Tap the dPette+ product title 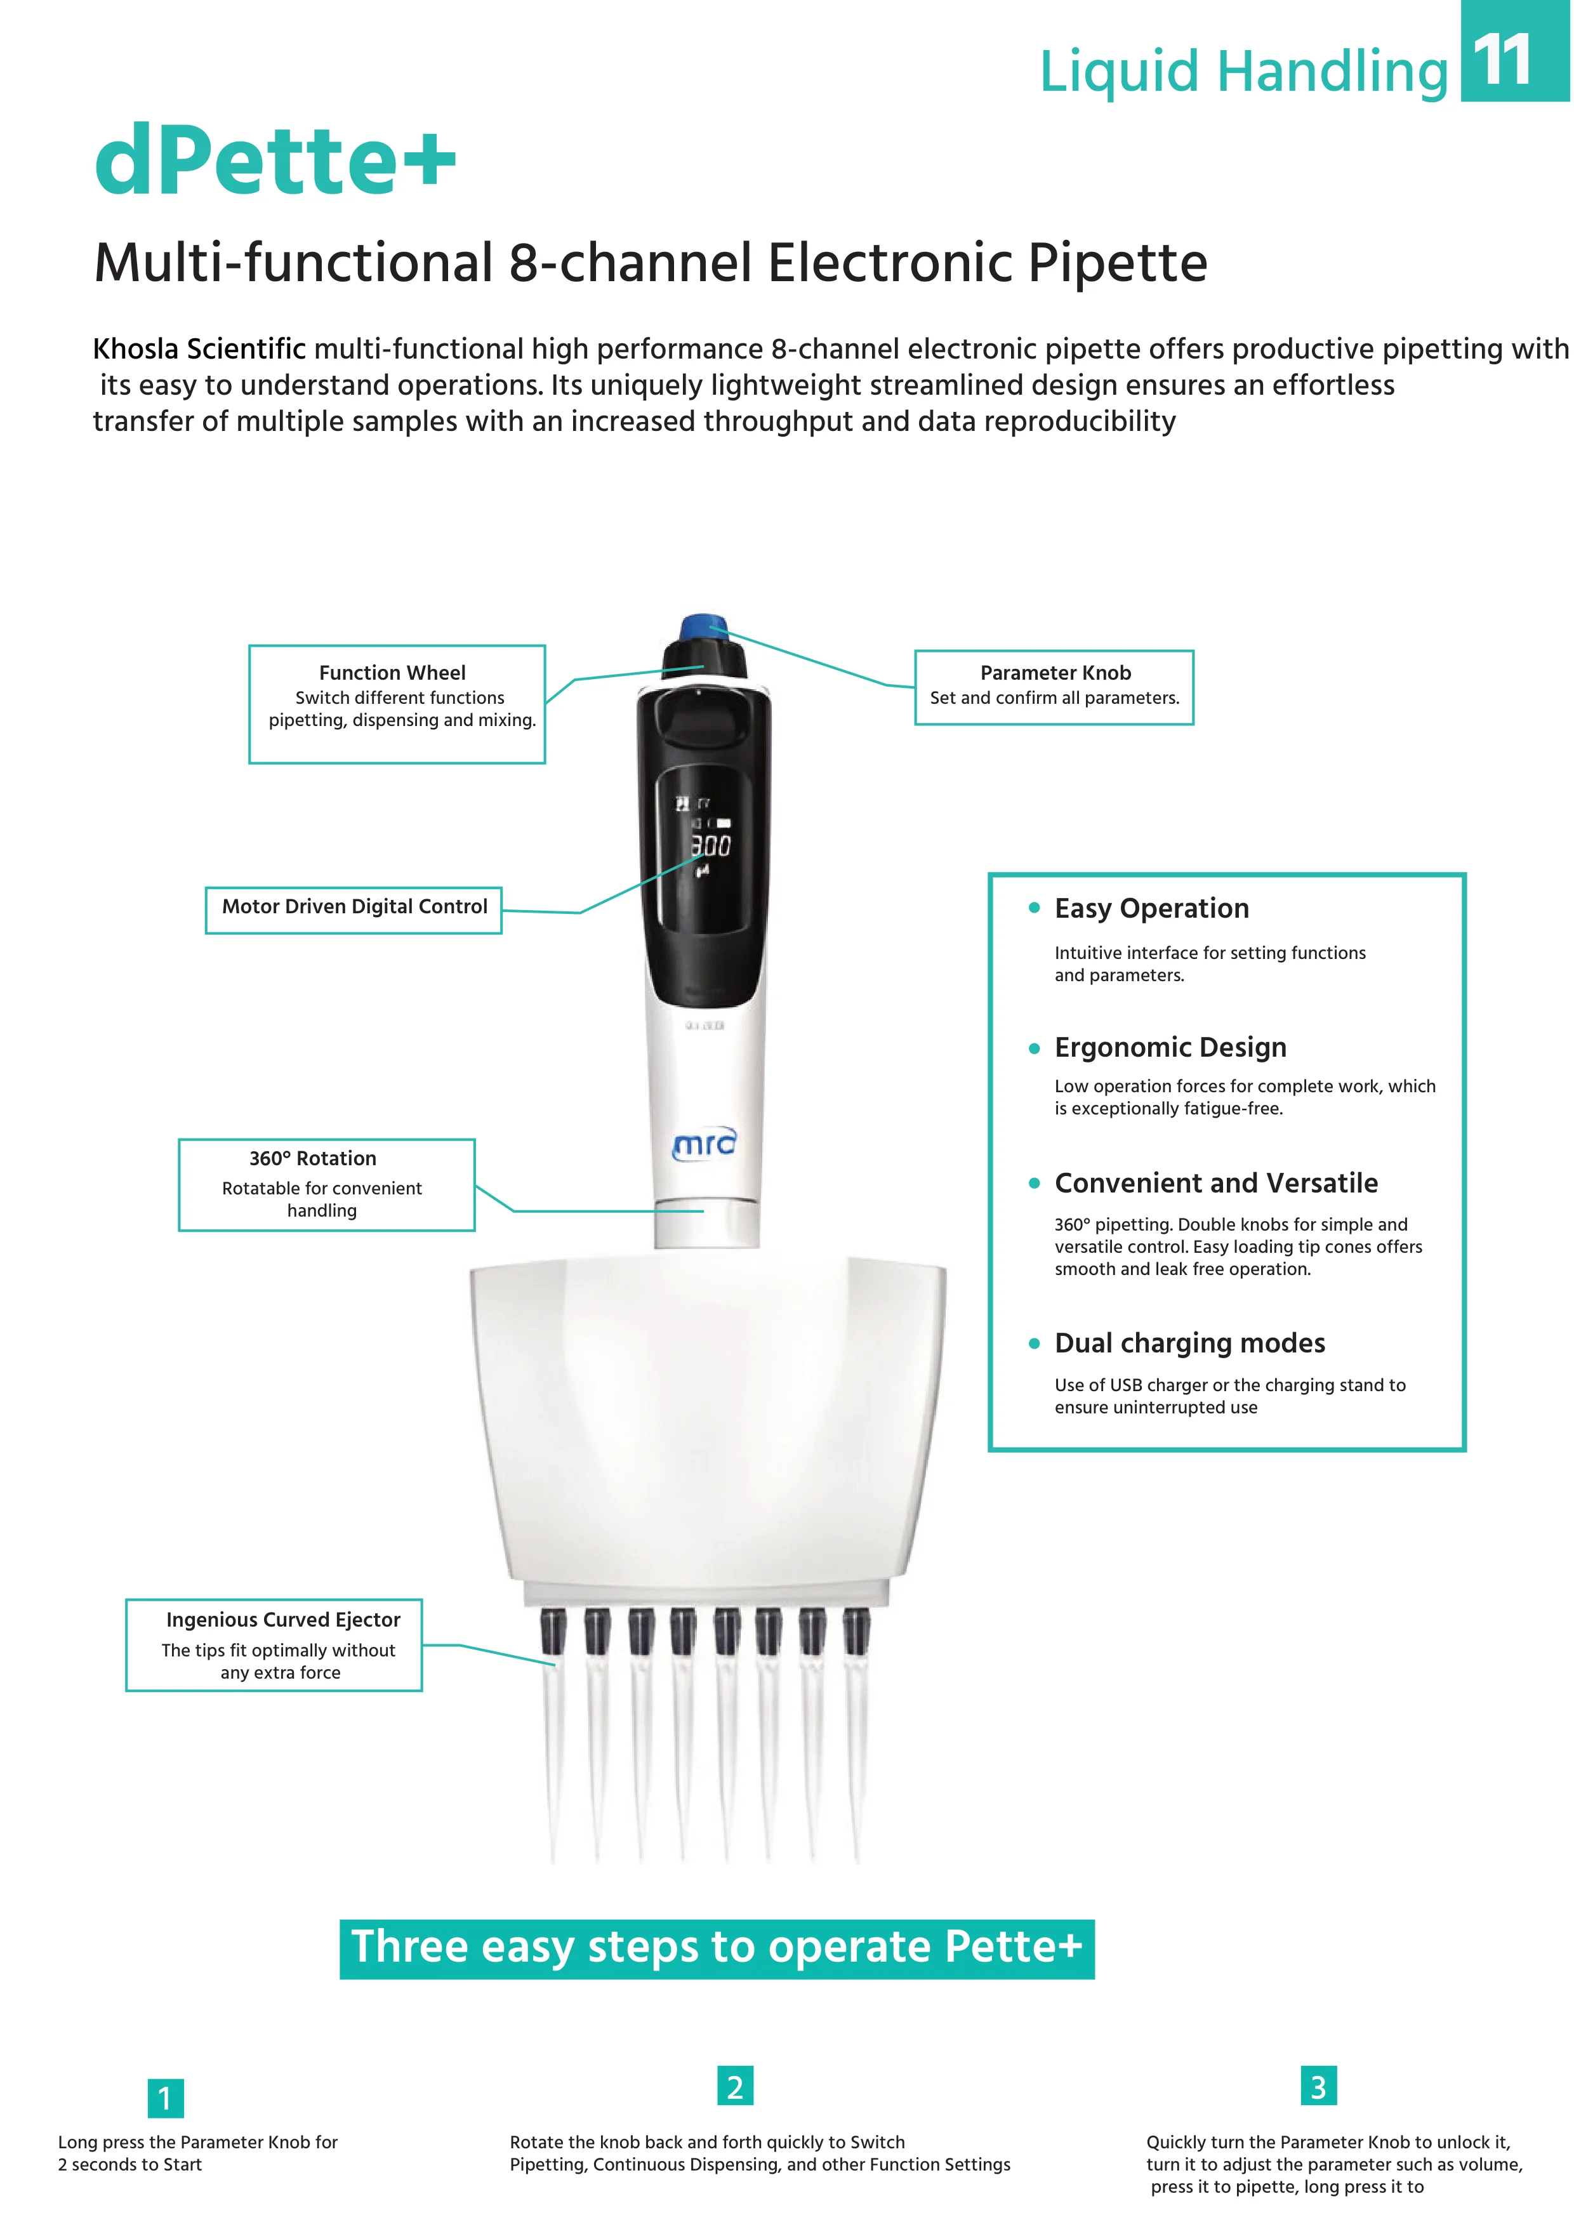pos(275,160)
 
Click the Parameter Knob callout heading pos(1055,672)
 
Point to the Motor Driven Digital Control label pos(354,907)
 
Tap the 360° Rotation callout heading pos(312,1158)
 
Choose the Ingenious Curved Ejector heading pos(283,1620)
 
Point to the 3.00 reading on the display pos(711,847)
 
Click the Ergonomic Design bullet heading pos(1170,1048)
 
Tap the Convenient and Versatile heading pos(1216,1184)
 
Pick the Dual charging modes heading pos(1190,1344)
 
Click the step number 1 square pos(165,2098)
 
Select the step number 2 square pos(735,2086)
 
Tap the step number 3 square pos(1318,2086)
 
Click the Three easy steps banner pos(717,1948)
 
